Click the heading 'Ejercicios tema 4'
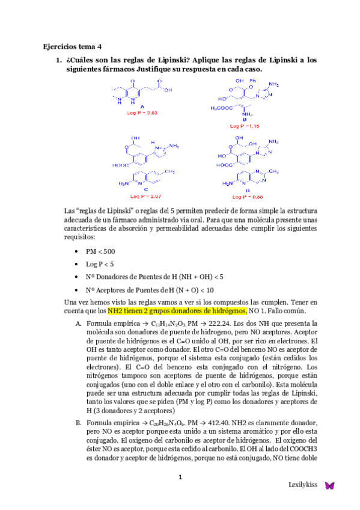(73, 46)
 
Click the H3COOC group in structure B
(222, 108)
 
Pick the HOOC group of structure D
(225, 164)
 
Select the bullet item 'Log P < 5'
(99, 264)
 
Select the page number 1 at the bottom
(180, 477)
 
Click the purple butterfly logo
(329, 485)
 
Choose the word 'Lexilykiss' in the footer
(303, 485)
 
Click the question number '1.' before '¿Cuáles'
(59, 60)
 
